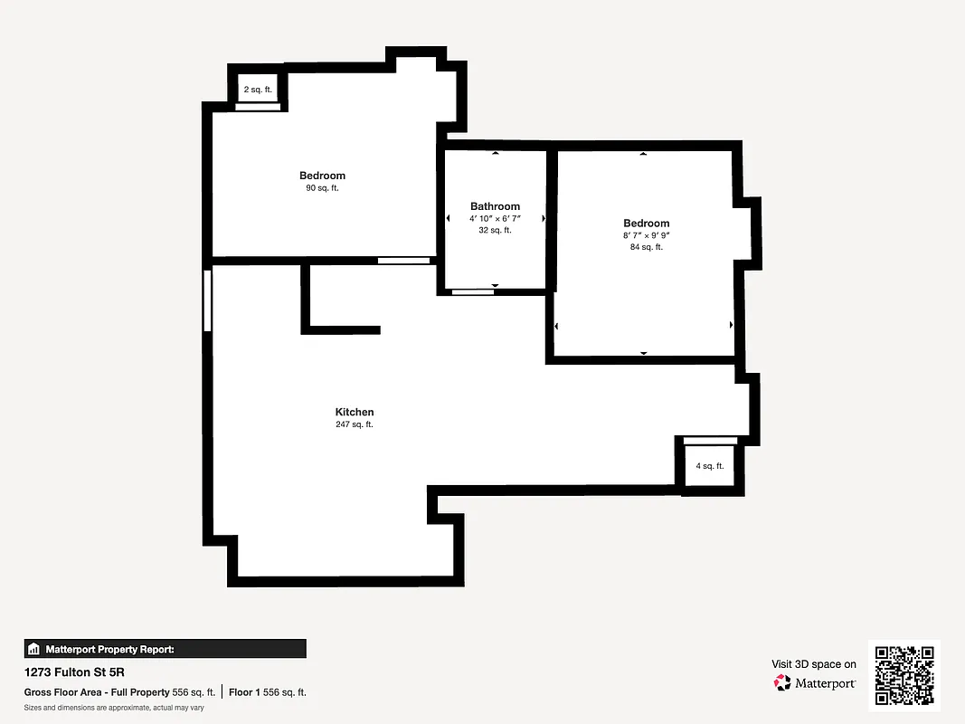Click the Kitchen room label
click(x=354, y=412)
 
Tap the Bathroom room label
click(x=495, y=206)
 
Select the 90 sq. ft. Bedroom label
click(x=322, y=176)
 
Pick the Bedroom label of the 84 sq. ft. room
click(x=646, y=224)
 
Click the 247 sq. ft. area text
click(x=354, y=424)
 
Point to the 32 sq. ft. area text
click(x=495, y=231)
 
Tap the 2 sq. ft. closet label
click(x=258, y=90)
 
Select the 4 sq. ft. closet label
click(x=709, y=466)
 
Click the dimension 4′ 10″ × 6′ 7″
click(x=495, y=219)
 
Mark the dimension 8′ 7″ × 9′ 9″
click(x=646, y=235)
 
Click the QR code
click(x=904, y=674)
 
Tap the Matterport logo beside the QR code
click(x=814, y=682)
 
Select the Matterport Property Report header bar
click(x=165, y=649)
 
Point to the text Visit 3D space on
click(x=813, y=664)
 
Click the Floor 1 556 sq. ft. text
click(x=267, y=692)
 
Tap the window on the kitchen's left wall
click(x=207, y=300)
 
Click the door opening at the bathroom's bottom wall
click(x=472, y=291)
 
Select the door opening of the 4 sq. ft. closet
click(x=710, y=441)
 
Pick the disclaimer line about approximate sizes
click(x=113, y=708)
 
